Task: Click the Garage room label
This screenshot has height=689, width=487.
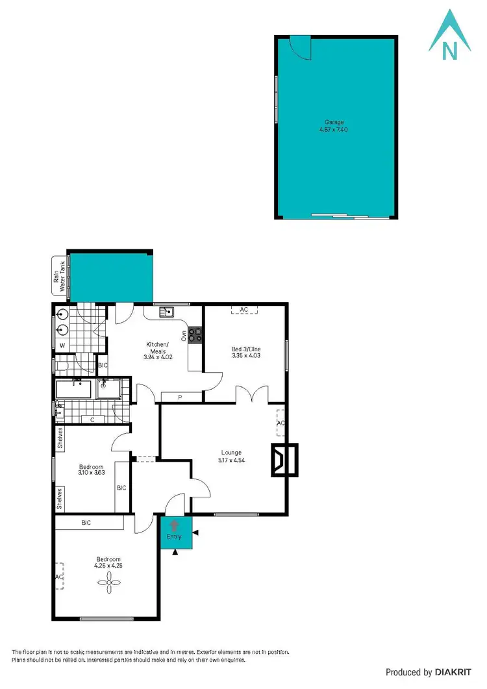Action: click(x=334, y=122)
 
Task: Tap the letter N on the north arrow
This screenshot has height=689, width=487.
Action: click(x=447, y=49)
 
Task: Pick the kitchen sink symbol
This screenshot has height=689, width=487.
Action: click(x=167, y=312)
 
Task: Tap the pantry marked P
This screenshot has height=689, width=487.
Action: click(x=180, y=397)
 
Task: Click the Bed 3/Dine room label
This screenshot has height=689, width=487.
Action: click(x=246, y=349)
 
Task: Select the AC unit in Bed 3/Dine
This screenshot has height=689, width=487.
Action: click(x=244, y=310)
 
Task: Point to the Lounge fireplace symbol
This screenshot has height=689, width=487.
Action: click(x=283, y=460)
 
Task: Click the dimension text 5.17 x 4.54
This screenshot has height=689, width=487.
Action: click(x=231, y=460)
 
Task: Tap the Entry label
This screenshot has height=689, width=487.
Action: click(x=173, y=537)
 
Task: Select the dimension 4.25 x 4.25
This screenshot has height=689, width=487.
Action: click(x=109, y=566)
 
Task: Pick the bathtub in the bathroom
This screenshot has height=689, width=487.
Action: click(x=75, y=390)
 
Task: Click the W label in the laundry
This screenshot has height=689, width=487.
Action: click(x=62, y=345)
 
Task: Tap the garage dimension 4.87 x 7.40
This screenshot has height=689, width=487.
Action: click(x=334, y=129)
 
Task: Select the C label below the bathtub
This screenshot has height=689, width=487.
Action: click(x=92, y=420)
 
